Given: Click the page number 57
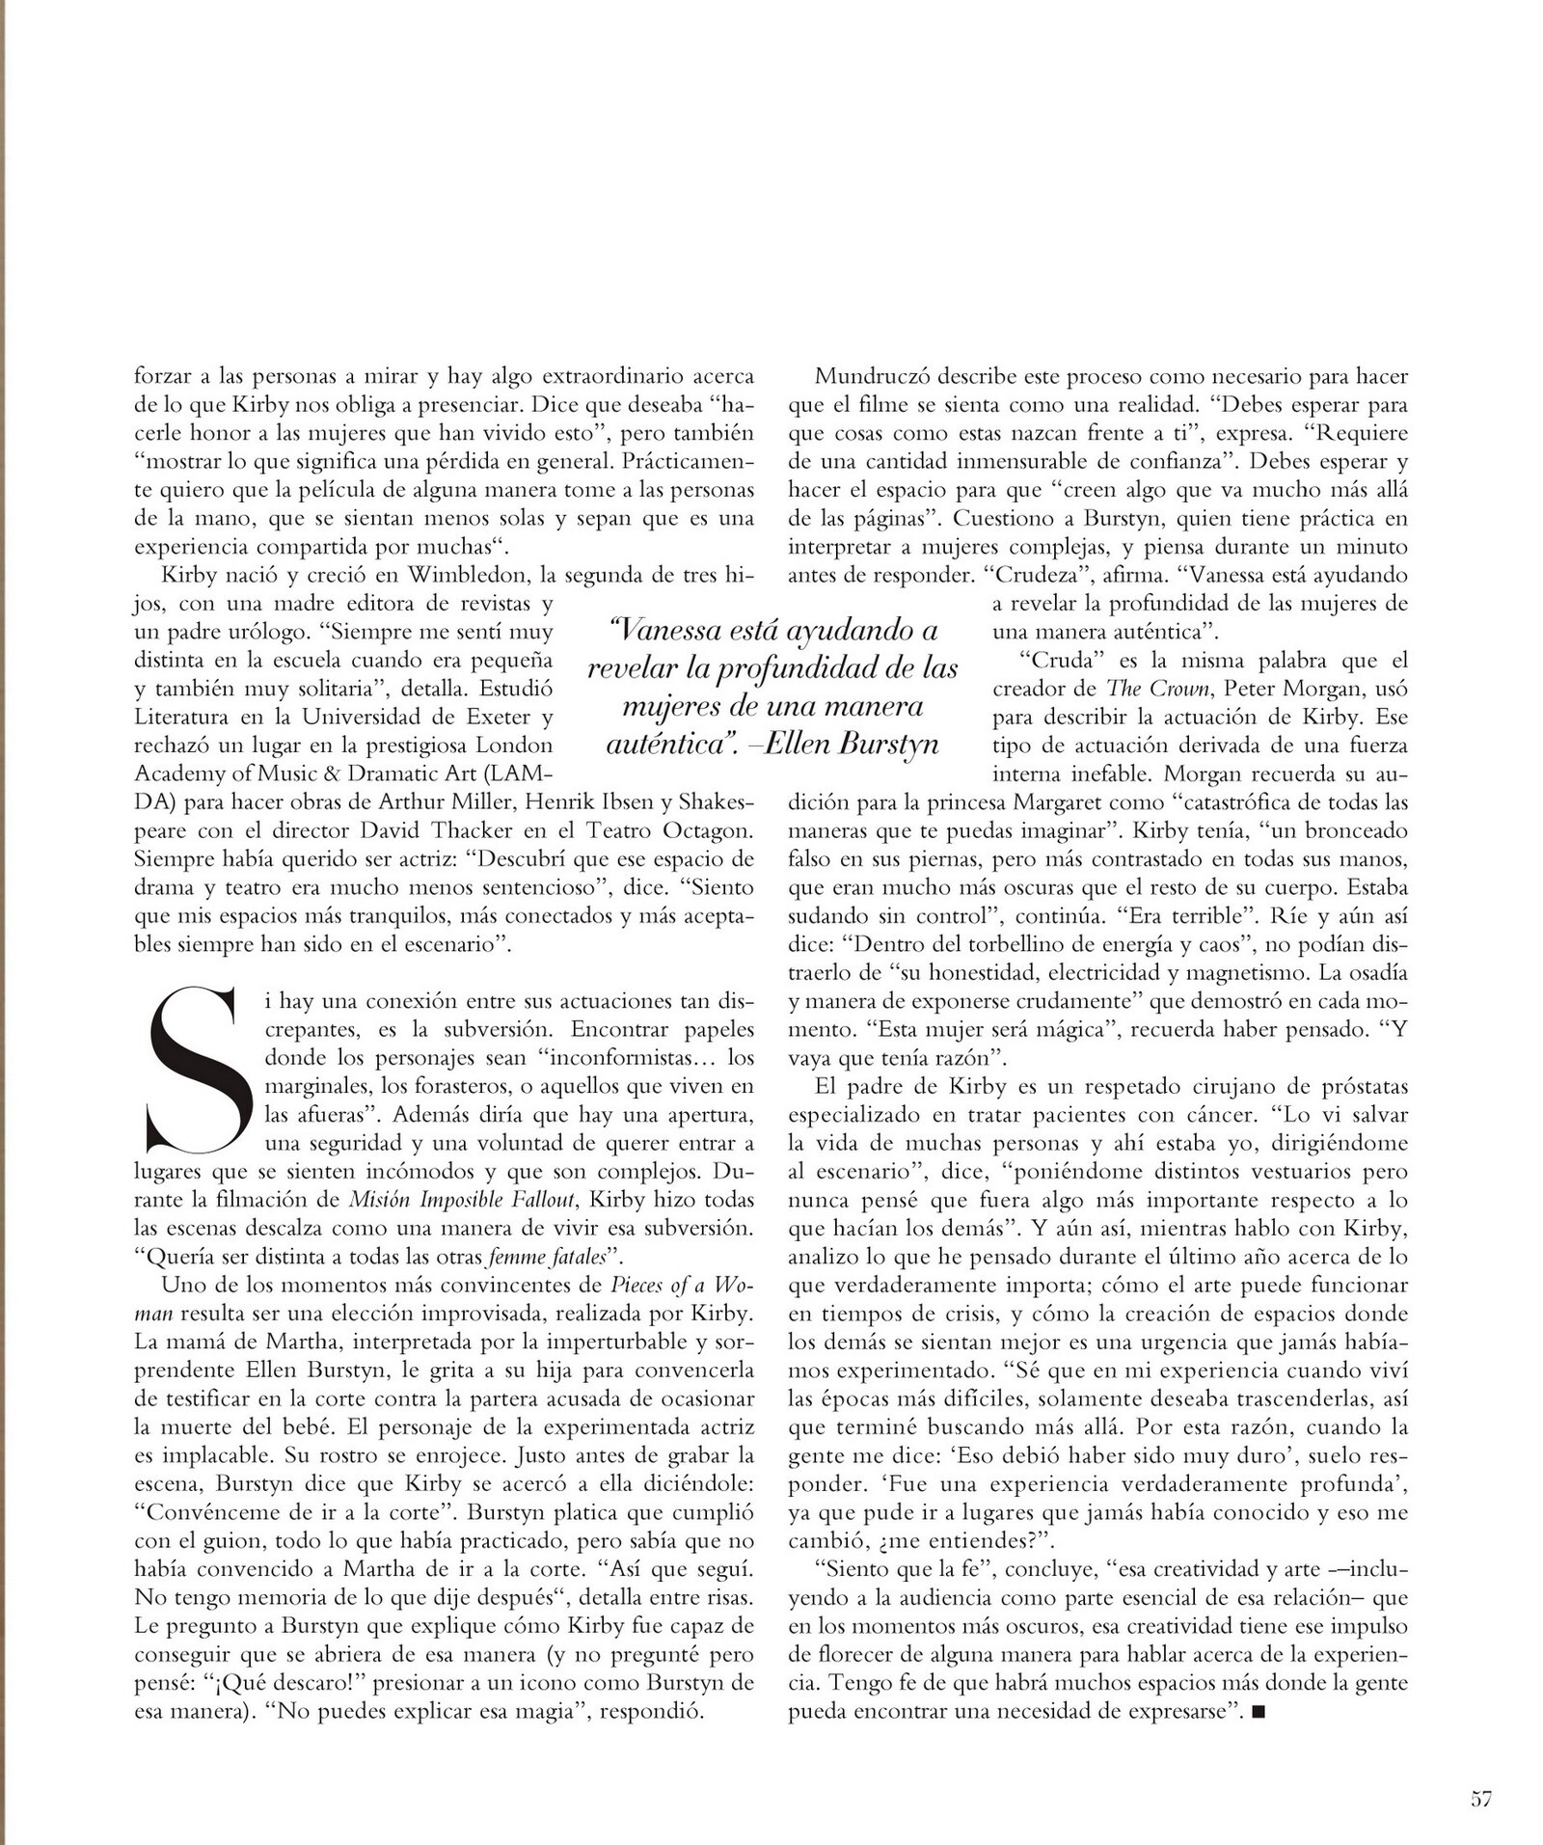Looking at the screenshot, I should point(1482,1798).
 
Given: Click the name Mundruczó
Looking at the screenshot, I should point(875,376).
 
